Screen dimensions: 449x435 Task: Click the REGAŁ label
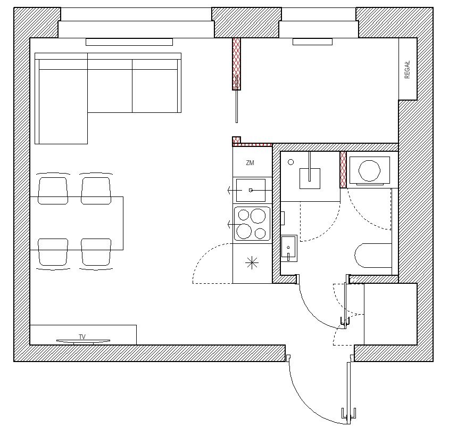click(407, 69)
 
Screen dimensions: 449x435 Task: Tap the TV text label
click(82, 336)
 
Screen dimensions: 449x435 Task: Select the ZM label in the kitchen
click(250, 163)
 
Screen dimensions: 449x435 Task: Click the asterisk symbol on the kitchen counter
click(252, 263)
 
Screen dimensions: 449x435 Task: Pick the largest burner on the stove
click(258, 216)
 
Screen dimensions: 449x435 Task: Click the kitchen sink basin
click(251, 190)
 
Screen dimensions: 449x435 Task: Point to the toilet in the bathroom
click(373, 256)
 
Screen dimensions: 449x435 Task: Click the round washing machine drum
click(369, 170)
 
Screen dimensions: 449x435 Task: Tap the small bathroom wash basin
click(289, 248)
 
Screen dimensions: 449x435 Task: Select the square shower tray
click(310, 178)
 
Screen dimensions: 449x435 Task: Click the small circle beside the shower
click(290, 162)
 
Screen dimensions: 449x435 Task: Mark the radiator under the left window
click(129, 42)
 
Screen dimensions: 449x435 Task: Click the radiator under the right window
click(312, 42)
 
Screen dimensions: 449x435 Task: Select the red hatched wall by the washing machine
click(343, 170)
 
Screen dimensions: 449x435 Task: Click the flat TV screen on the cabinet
click(83, 341)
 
